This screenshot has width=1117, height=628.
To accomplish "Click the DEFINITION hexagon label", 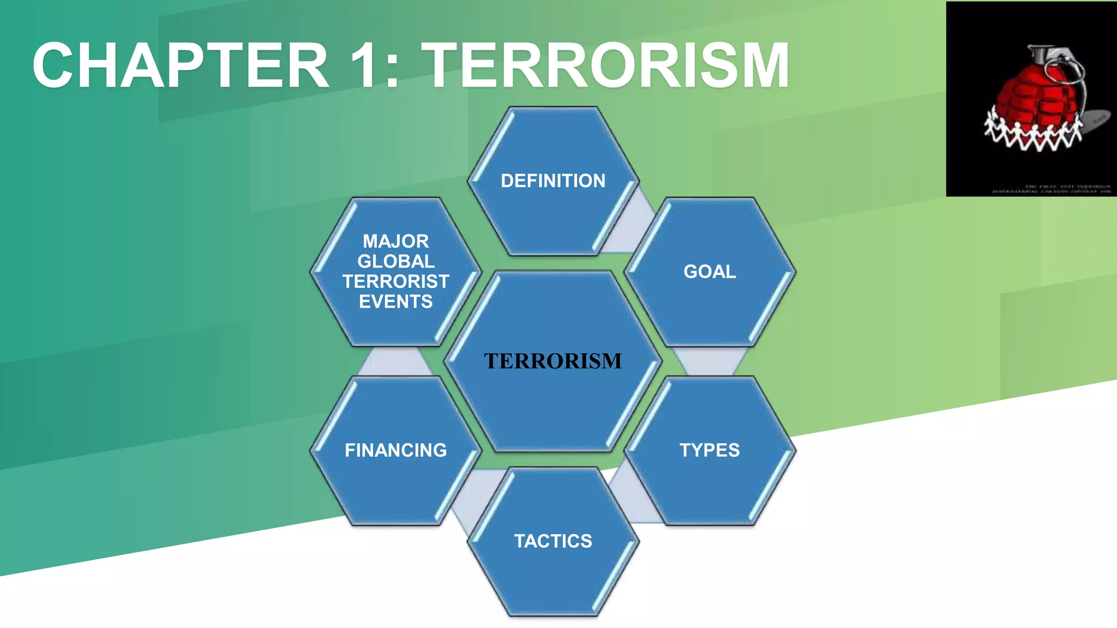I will click(x=553, y=180).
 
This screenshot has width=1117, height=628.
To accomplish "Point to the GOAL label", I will click(x=710, y=271).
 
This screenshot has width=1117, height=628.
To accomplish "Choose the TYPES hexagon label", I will click(x=710, y=450).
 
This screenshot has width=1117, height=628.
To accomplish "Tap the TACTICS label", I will click(x=553, y=541).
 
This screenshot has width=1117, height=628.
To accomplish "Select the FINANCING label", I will click(x=396, y=450).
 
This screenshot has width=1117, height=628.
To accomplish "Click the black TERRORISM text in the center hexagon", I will click(x=553, y=361).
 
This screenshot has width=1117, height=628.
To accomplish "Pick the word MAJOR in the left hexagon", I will click(x=396, y=241).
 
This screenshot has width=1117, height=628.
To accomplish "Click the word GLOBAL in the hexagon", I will click(x=396, y=261).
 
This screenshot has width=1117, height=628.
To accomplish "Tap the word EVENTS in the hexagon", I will click(x=396, y=301).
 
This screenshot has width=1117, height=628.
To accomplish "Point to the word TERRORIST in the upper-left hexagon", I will click(x=396, y=281).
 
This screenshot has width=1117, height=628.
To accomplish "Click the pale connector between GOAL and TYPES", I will click(x=710, y=361).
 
